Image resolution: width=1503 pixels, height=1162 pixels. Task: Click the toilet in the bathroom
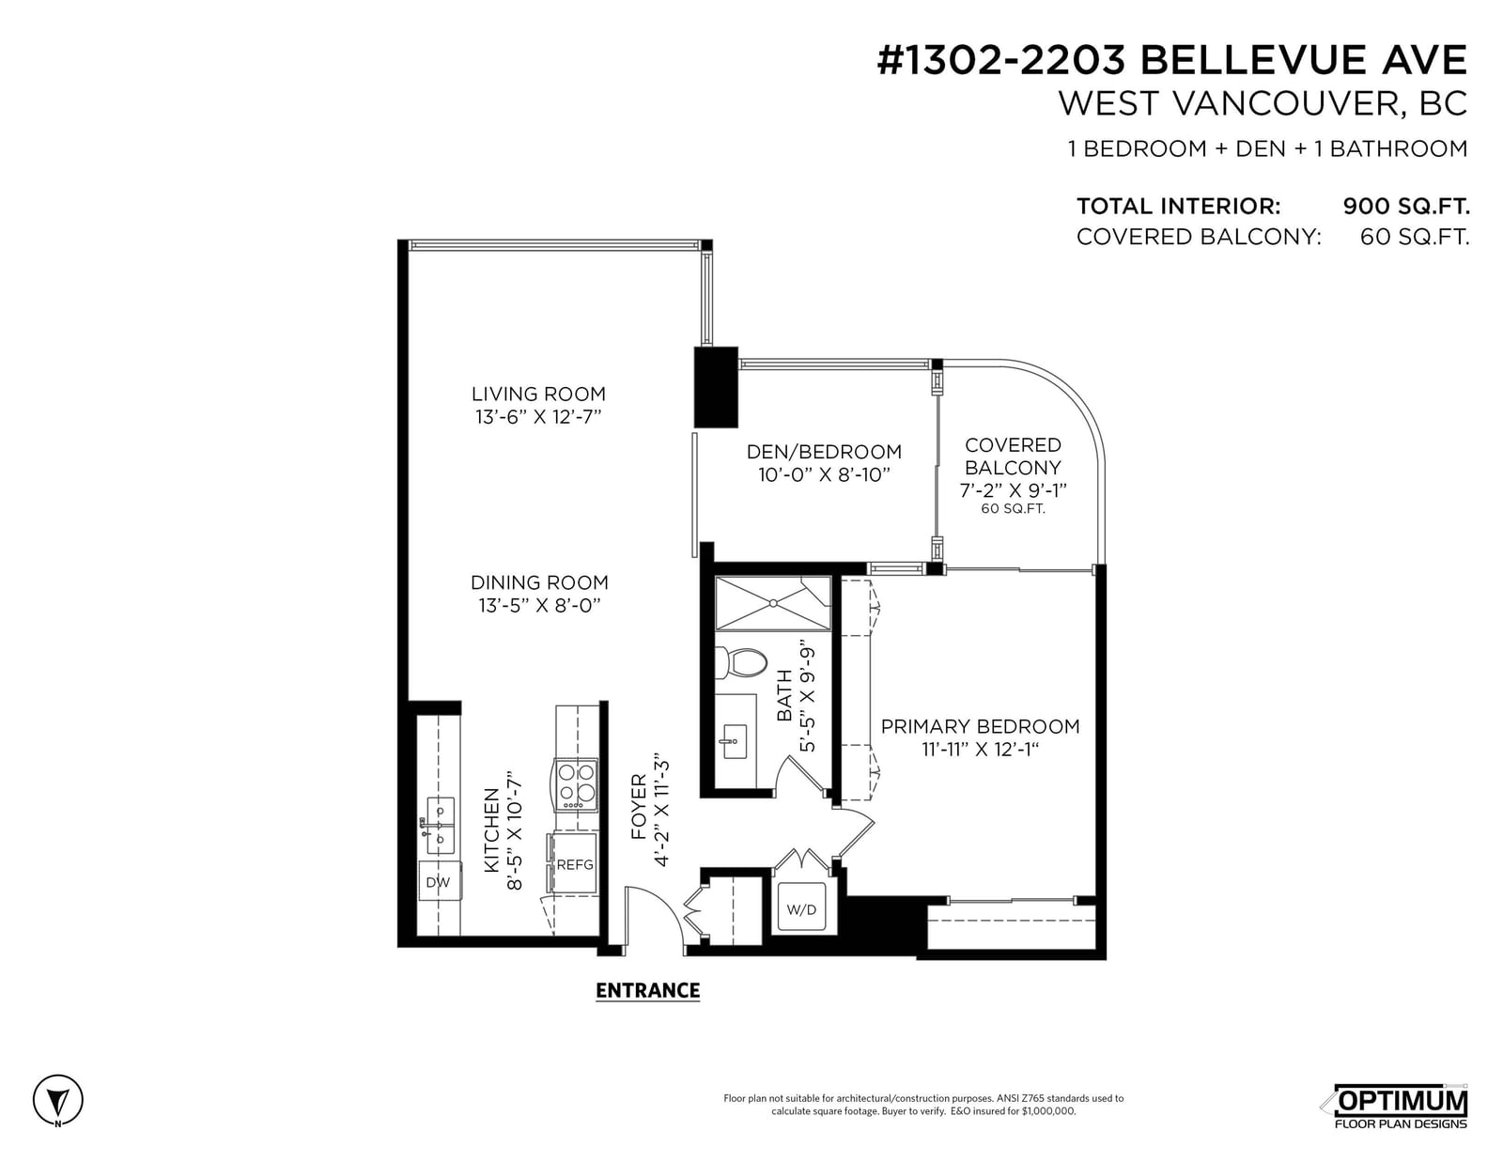point(740,662)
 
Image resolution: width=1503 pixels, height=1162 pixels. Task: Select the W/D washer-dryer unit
point(801,909)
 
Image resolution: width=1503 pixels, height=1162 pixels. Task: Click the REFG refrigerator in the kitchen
point(574,864)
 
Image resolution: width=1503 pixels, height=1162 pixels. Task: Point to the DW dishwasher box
point(438,882)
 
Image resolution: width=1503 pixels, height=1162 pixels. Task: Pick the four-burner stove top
point(576,785)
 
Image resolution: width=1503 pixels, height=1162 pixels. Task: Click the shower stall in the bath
point(772,603)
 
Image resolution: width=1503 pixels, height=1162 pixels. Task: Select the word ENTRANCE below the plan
point(647,990)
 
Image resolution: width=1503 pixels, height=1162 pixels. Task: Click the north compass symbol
point(58,1100)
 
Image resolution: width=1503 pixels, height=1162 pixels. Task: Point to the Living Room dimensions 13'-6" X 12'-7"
point(538,417)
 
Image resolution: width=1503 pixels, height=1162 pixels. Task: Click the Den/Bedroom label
point(824,452)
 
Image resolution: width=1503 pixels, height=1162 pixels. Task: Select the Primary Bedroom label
point(980,726)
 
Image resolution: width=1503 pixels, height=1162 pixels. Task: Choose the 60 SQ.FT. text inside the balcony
point(1013,509)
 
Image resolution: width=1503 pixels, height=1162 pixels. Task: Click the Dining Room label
point(539,582)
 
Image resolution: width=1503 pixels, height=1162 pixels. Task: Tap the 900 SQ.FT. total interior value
point(1406,206)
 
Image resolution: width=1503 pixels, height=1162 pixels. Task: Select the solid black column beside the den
point(716,387)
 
